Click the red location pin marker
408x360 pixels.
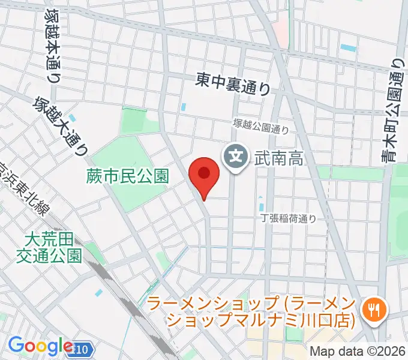pos(203,175)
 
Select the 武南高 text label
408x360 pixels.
pos(277,158)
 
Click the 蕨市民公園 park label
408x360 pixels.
pos(127,176)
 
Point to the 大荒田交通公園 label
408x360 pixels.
pos(53,248)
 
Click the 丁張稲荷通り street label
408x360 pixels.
pos(288,219)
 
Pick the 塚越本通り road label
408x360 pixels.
pos(51,45)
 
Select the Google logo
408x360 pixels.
pos(40,346)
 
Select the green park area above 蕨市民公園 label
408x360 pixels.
pos(133,122)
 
